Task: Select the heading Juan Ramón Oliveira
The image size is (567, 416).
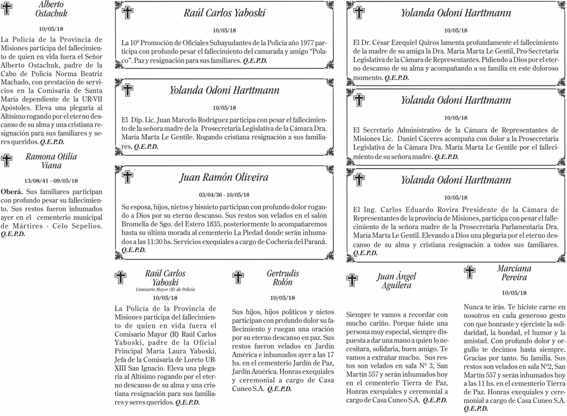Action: (x=224, y=177)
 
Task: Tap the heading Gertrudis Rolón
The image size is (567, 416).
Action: (x=282, y=277)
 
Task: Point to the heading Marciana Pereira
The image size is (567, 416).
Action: (x=514, y=272)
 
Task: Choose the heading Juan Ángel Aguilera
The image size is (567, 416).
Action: (x=396, y=281)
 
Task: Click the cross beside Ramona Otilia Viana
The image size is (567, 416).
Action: (x=7, y=161)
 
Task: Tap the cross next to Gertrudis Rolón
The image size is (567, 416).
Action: (x=238, y=277)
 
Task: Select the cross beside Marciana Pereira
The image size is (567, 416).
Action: (x=470, y=272)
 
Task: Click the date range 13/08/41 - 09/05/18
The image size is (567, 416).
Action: (x=51, y=181)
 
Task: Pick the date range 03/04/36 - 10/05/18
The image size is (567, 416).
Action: (x=224, y=195)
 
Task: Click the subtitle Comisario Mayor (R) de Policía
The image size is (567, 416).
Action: (x=165, y=290)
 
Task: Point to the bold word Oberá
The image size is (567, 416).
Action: (x=12, y=191)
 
